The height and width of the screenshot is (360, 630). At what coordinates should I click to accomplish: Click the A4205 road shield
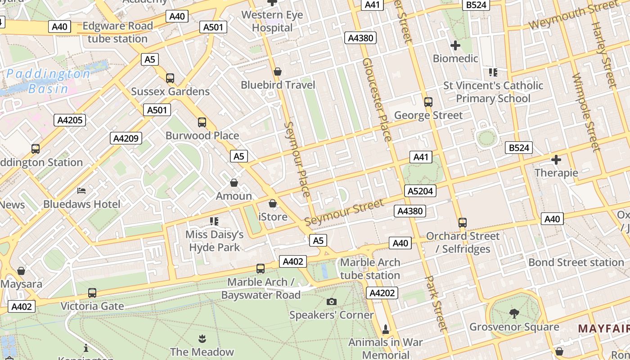(x=69, y=120)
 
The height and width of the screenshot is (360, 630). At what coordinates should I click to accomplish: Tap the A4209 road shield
(x=126, y=138)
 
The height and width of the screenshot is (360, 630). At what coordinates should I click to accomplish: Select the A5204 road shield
(x=420, y=191)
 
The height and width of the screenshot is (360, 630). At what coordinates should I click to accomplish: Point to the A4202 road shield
(x=382, y=293)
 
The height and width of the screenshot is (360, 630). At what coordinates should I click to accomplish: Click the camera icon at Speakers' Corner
(x=332, y=301)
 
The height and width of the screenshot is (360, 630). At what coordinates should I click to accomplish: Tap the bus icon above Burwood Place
(x=202, y=122)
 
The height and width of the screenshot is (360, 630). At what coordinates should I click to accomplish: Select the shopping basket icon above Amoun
(x=234, y=183)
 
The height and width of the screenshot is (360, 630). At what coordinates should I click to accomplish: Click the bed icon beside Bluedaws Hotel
(x=81, y=191)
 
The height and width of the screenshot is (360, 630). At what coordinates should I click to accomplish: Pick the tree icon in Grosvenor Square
(x=514, y=313)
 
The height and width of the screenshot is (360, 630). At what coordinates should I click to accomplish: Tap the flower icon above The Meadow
(x=202, y=338)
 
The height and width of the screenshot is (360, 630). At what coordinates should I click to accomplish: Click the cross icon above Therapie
(x=556, y=160)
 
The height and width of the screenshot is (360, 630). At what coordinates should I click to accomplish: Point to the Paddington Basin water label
(x=48, y=81)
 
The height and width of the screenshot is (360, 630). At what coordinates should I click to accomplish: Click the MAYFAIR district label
(x=603, y=328)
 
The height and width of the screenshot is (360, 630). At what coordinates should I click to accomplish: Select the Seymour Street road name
(x=344, y=212)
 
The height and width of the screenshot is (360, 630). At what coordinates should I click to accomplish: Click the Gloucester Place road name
(x=377, y=99)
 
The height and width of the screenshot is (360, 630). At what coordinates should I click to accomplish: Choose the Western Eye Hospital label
(x=272, y=21)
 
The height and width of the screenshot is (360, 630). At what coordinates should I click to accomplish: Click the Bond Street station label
(x=576, y=262)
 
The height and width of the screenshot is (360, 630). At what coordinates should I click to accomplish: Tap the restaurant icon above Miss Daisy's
(x=214, y=221)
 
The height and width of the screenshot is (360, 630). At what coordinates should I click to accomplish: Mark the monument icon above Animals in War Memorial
(x=385, y=329)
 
